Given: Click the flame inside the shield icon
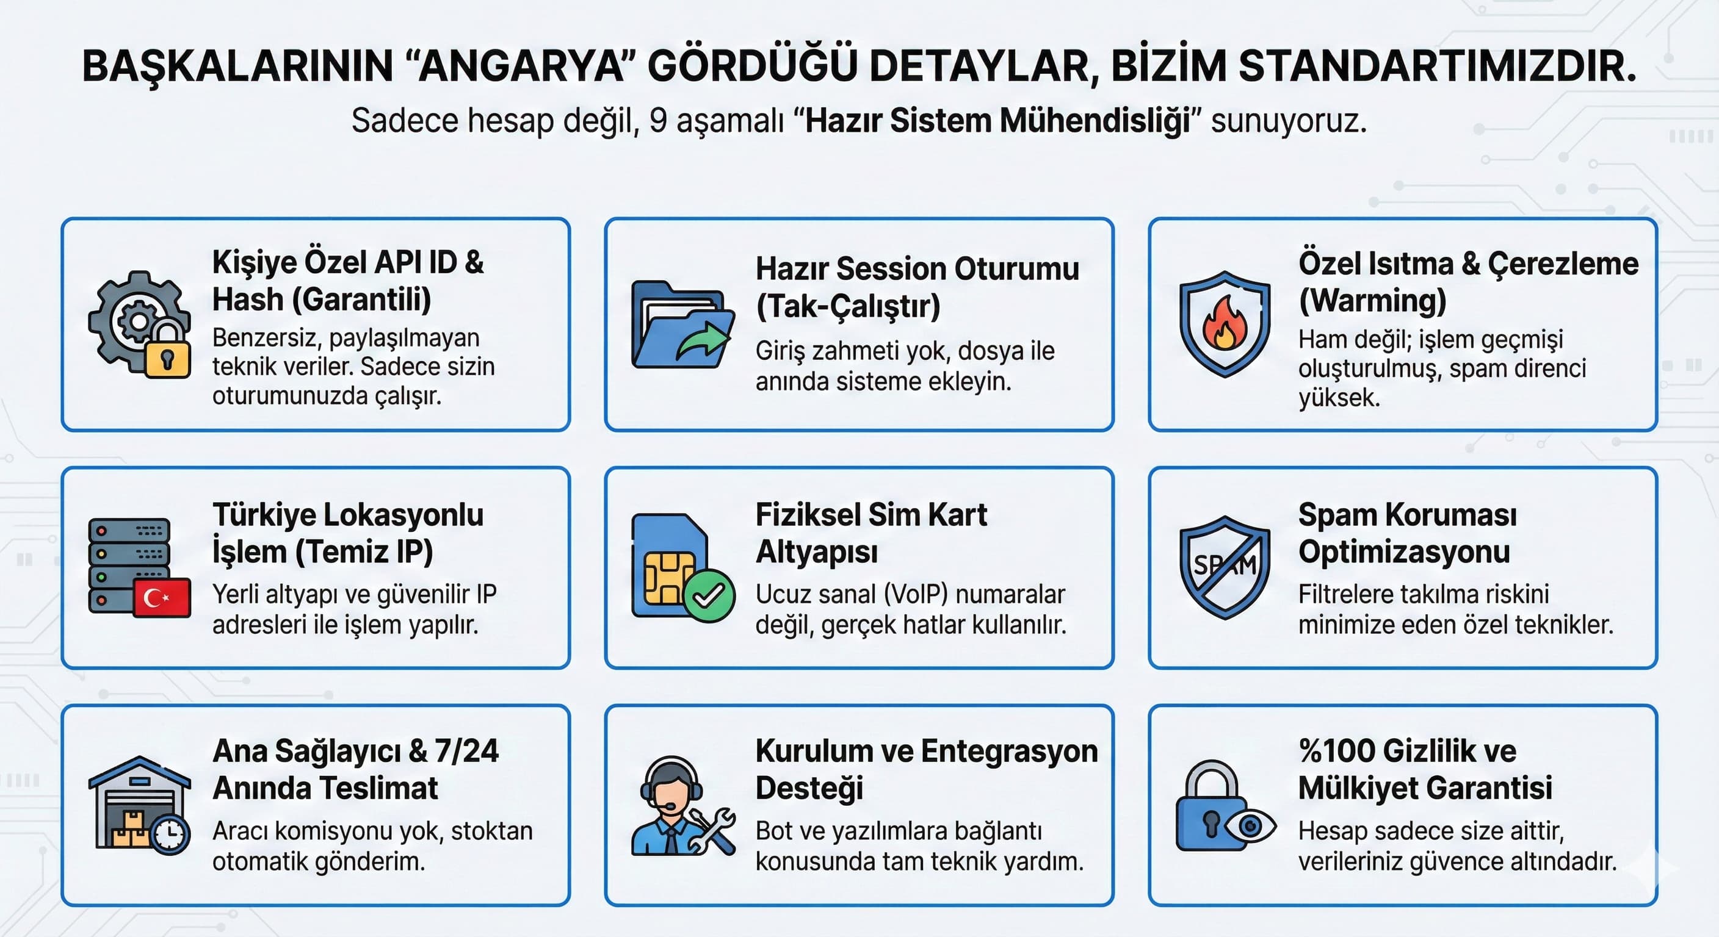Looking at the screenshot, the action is tap(1225, 324).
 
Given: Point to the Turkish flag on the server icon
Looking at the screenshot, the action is tap(162, 598).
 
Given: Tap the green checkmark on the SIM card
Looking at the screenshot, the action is tap(709, 595).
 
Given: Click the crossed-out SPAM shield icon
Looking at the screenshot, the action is tap(1225, 567).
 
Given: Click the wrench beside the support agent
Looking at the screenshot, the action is tap(712, 831).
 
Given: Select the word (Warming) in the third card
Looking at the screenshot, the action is tap(1373, 301).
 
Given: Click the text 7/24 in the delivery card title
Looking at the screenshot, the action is tap(466, 751).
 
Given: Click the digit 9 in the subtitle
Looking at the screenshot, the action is tap(658, 121).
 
